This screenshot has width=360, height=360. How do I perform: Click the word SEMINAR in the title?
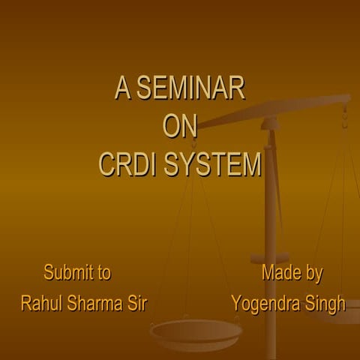[190, 89]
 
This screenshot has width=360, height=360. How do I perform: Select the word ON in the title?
[180, 126]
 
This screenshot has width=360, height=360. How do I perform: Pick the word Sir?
[136, 304]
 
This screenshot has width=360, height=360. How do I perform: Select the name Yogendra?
[265, 304]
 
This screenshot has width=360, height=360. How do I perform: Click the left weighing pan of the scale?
[195, 330]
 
